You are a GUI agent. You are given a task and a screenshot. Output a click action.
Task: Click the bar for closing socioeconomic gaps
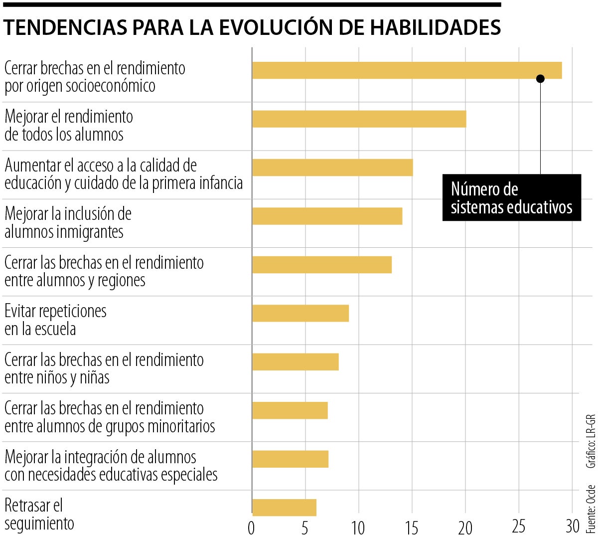click(x=407, y=70)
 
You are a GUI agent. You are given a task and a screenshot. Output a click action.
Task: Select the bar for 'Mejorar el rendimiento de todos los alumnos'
click(x=359, y=119)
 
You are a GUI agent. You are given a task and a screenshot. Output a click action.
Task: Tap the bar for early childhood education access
click(x=332, y=168)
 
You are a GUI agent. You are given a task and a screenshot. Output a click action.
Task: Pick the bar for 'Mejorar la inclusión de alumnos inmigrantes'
click(x=327, y=216)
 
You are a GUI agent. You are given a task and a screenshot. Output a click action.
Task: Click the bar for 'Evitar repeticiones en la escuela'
click(x=300, y=313)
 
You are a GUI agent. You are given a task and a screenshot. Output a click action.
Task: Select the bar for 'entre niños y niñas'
click(x=295, y=361)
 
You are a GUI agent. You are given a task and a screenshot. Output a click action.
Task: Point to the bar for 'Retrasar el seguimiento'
click(x=284, y=507)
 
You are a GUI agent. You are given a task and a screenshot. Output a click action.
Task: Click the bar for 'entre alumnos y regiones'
click(x=321, y=264)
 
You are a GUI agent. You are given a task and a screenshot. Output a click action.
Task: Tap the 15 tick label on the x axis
click(x=412, y=527)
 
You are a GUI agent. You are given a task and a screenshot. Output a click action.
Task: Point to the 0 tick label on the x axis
click(x=252, y=527)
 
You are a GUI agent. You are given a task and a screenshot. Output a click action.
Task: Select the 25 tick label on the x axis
click(x=519, y=527)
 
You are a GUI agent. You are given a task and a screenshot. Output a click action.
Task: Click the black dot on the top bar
click(x=540, y=79)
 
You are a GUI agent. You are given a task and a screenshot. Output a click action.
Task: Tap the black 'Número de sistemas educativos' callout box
click(x=511, y=197)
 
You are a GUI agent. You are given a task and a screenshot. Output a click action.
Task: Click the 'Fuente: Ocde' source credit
click(x=591, y=508)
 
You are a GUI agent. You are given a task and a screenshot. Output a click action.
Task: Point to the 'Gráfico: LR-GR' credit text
click(x=591, y=441)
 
